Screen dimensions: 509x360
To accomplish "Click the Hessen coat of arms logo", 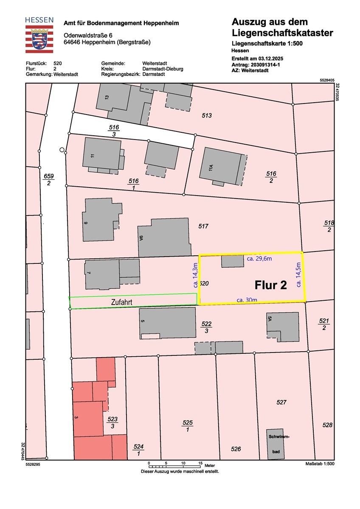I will (39, 38).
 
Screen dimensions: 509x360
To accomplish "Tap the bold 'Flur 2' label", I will (270, 285).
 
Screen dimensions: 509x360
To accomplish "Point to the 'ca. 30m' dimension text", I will (247, 300).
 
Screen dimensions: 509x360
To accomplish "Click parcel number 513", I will (207, 115).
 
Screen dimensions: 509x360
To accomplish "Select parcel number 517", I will (203, 227).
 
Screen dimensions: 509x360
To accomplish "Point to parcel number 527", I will (281, 402).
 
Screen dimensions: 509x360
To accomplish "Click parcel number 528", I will (327, 425).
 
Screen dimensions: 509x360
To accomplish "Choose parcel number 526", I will (236, 449).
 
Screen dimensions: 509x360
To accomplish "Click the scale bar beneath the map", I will (174, 462).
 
